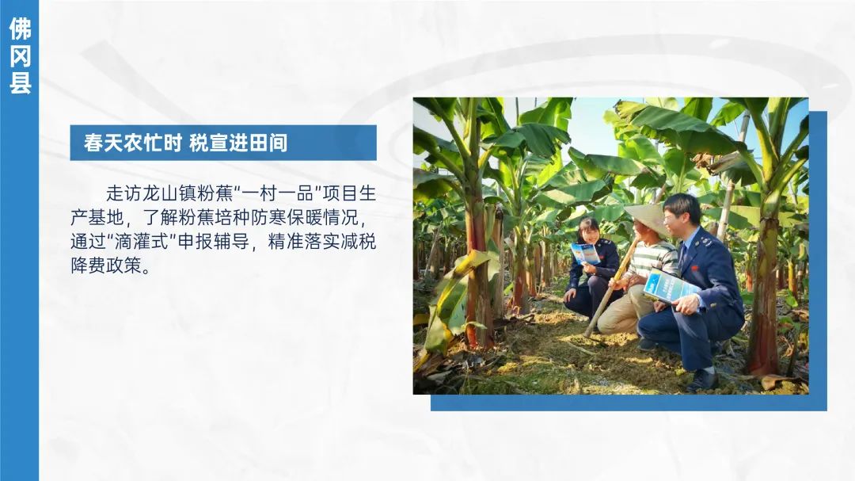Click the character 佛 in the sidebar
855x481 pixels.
[20, 29]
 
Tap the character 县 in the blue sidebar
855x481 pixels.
[20, 82]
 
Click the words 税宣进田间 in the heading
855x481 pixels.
[238, 143]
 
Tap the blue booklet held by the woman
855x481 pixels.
[585, 254]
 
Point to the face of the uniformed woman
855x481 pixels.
[590, 234]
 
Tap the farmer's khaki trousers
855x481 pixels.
[625, 308]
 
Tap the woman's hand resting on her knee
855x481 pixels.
[569, 296]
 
